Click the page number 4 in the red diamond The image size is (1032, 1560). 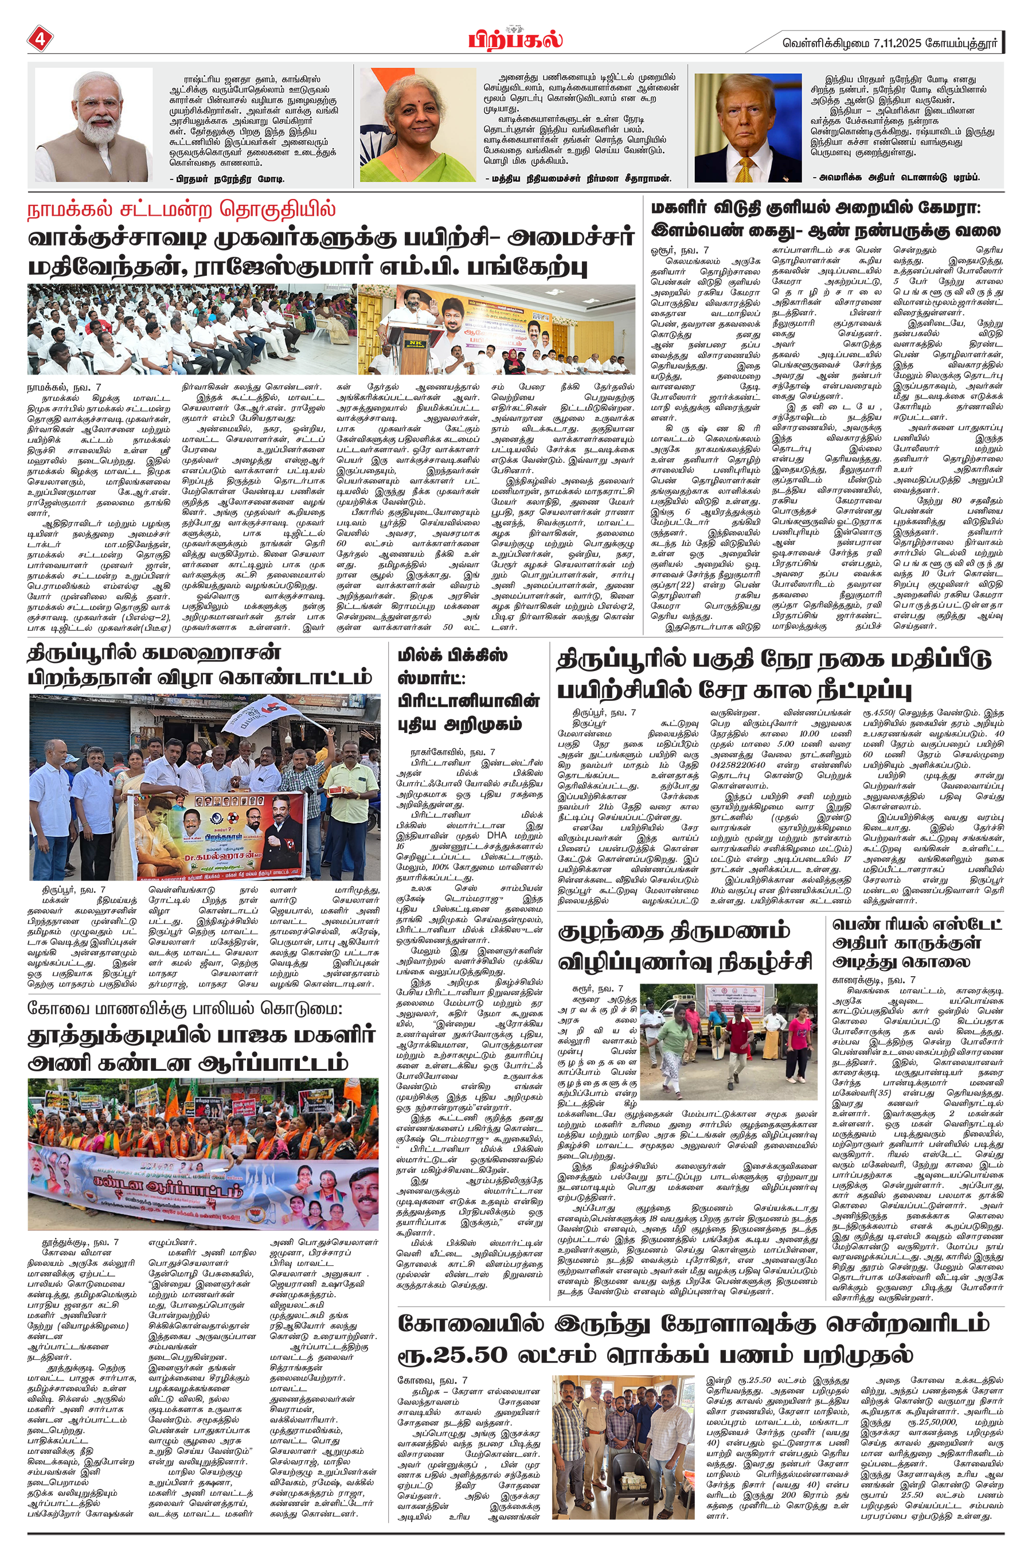pyautogui.click(x=39, y=39)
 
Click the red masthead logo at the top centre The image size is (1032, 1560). pyautogui.click(x=515, y=39)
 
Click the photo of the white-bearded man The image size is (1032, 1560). pyautogui.click(x=93, y=125)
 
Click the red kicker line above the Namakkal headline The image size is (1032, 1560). pyautogui.click(x=182, y=209)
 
